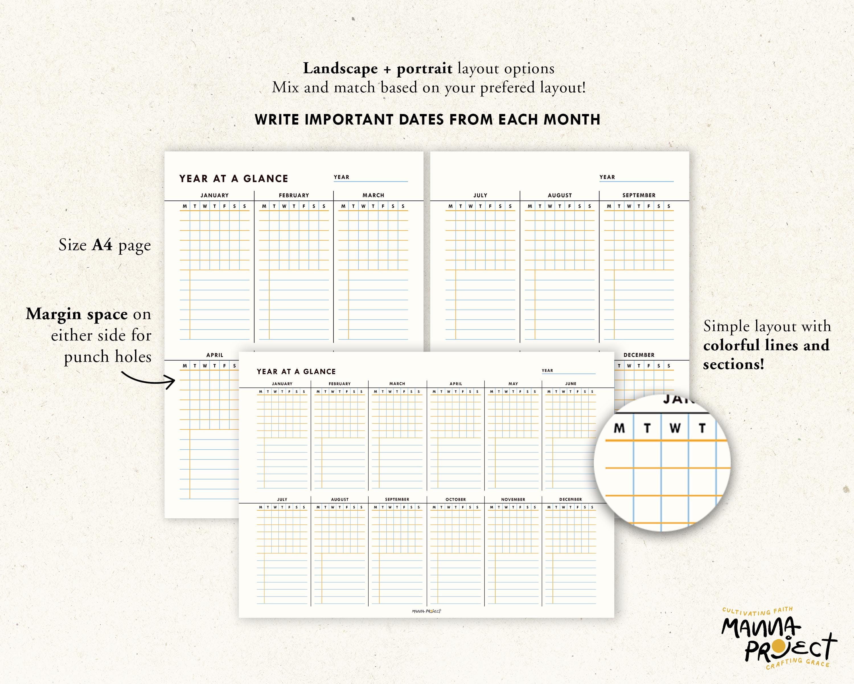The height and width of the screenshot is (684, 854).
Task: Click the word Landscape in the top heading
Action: [340, 69]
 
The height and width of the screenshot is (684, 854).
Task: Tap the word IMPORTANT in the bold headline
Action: [348, 119]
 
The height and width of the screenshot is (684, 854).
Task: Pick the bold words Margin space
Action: [77, 314]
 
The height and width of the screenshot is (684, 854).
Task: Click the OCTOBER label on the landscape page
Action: [455, 499]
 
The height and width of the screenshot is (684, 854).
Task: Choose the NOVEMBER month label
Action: [513, 499]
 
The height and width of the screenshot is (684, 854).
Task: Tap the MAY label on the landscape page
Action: [513, 383]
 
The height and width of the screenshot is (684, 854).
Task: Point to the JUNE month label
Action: [570, 383]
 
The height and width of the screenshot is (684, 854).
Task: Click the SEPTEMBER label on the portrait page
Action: [639, 195]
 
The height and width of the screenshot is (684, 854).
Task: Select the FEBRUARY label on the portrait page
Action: [293, 195]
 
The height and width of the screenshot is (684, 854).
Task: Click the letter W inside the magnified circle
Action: [675, 428]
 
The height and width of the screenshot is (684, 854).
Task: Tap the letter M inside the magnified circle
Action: [619, 428]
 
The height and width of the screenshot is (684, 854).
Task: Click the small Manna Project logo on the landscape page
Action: [426, 611]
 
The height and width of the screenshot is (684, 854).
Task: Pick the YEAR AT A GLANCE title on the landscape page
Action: [296, 372]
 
